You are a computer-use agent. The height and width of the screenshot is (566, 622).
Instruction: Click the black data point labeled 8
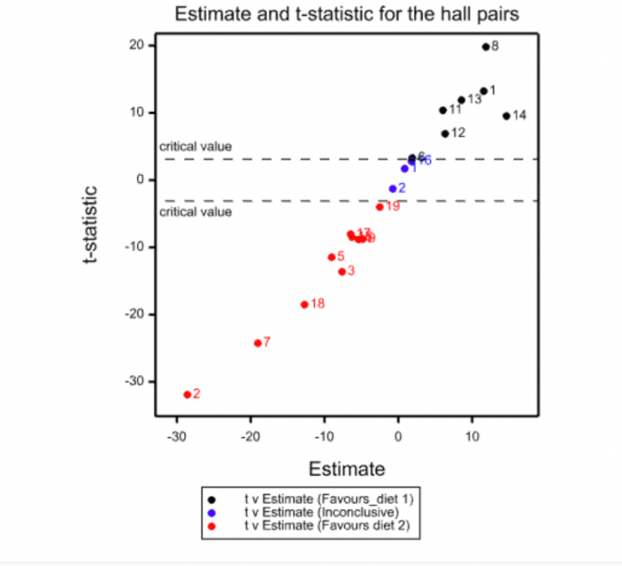point(486,47)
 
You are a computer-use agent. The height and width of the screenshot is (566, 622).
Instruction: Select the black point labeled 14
point(507,115)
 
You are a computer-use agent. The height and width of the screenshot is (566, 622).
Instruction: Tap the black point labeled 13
point(462,100)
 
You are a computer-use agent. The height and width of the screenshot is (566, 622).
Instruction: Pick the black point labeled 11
point(443,110)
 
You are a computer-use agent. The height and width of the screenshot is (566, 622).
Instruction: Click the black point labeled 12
point(445,133)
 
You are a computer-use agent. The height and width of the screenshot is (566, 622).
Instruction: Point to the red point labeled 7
point(258,342)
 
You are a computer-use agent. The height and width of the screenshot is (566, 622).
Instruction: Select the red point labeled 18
point(305,305)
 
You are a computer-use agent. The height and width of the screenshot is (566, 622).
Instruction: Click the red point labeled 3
point(342,271)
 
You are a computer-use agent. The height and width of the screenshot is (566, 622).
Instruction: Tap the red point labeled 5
point(332,257)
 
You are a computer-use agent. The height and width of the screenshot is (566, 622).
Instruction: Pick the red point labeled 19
point(380,206)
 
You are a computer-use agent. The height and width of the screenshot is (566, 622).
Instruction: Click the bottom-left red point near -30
point(188,395)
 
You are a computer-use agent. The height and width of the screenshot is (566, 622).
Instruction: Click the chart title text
point(347,14)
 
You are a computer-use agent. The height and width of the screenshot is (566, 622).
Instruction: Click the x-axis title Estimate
point(347,469)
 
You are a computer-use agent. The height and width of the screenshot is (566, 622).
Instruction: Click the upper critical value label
point(196,146)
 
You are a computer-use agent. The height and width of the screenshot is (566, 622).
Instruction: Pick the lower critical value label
point(196,213)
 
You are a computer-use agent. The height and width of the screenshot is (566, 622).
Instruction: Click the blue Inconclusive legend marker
point(212,511)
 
